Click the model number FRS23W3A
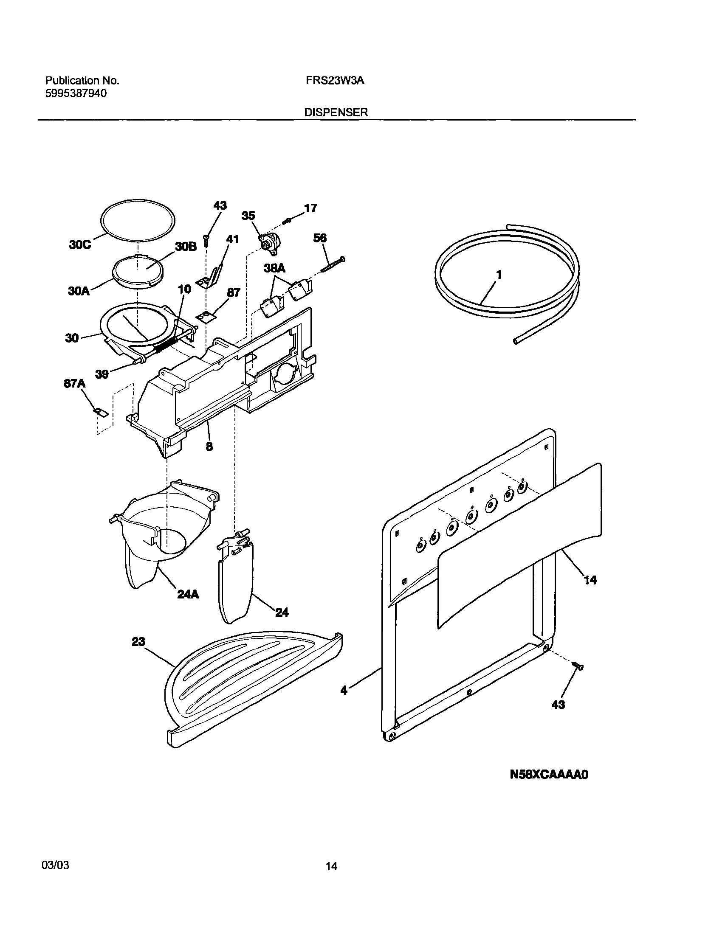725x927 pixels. pyautogui.click(x=335, y=81)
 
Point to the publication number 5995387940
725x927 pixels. pyautogui.click(x=76, y=93)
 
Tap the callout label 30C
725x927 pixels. pyautogui.click(x=80, y=245)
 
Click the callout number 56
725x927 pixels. pyautogui.click(x=320, y=238)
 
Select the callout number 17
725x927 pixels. pyautogui.click(x=310, y=208)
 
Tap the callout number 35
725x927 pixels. pyautogui.click(x=248, y=216)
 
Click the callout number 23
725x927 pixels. pyautogui.click(x=138, y=642)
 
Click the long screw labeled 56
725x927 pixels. pyautogui.click(x=333, y=265)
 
